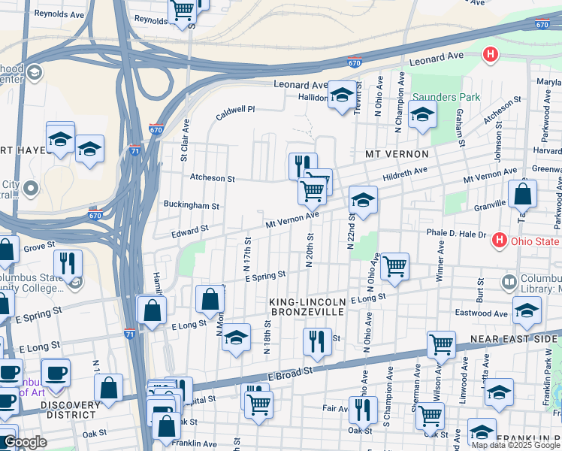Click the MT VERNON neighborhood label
coord(396,154)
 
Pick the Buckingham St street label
coord(192,205)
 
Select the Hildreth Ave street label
coord(406,173)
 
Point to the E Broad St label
coord(289,372)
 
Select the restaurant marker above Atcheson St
coord(303,165)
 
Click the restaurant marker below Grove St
coord(68,263)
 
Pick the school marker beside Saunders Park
coord(422,115)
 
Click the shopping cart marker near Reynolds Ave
coord(182,11)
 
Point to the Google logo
coord(25,443)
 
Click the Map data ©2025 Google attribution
coord(515,445)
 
